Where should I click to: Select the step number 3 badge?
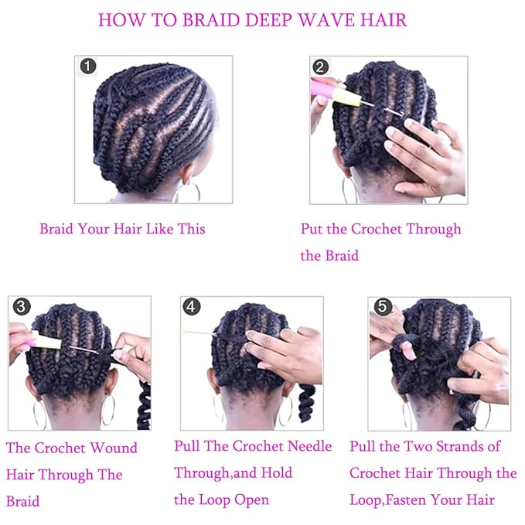point(22,307)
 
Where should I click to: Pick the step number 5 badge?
point(381,308)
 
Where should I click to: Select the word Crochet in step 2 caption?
point(378,229)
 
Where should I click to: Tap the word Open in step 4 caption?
point(248,499)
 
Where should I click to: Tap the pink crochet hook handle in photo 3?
point(35,339)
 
